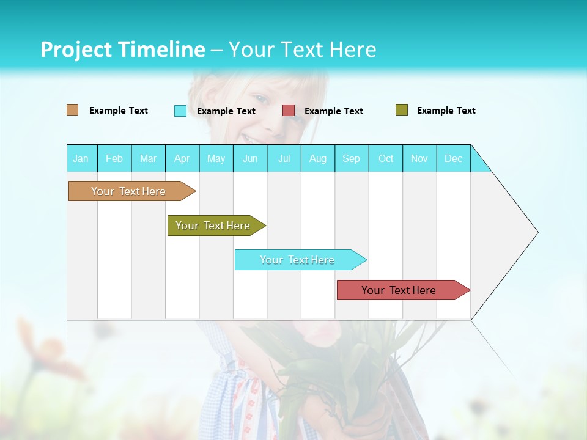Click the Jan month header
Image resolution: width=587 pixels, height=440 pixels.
click(81, 158)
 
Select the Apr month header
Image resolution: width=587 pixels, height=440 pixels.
click(182, 158)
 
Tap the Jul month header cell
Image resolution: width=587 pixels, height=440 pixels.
click(284, 158)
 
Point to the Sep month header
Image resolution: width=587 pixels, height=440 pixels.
click(351, 158)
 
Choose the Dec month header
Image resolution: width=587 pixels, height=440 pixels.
click(453, 158)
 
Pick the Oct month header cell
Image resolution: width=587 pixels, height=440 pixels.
click(386, 158)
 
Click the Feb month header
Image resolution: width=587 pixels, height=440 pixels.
click(114, 158)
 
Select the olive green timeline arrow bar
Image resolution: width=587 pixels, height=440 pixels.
click(213, 226)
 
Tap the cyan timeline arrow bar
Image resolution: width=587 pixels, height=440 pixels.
click(298, 260)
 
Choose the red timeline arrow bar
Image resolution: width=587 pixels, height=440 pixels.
click(399, 290)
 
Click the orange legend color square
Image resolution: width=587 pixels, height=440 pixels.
click(73, 110)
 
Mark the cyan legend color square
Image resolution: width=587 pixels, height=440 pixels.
click(180, 111)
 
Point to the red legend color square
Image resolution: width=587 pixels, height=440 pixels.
click(289, 111)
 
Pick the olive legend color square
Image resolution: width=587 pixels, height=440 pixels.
click(402, 110)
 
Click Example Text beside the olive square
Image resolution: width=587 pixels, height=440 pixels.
click(446, 111)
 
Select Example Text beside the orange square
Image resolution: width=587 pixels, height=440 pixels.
click(119, 111)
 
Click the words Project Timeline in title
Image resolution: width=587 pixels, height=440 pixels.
click(122, 50)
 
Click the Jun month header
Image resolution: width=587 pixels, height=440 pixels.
click(250, 158)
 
